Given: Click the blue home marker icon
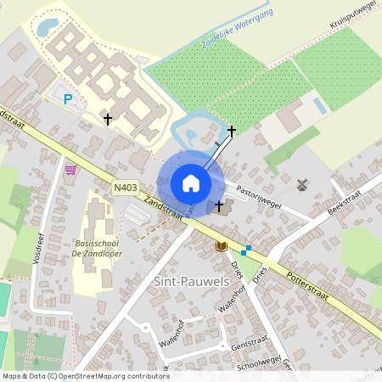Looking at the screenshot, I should tap(191, 183).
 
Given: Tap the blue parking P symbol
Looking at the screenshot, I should tap(68, 99).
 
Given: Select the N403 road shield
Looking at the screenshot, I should tap(125, 188).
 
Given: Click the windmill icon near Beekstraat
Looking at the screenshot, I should tap(301, 183).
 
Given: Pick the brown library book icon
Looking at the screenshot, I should tap(222, 246).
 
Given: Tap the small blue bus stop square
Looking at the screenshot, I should tap(244, 251).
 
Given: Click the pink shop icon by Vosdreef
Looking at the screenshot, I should tap(70, 169).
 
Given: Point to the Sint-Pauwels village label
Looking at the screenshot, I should tap(188, 281).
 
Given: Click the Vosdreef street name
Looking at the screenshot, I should tap(38, 246).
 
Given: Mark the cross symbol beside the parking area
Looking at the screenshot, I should tap(108, 119).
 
